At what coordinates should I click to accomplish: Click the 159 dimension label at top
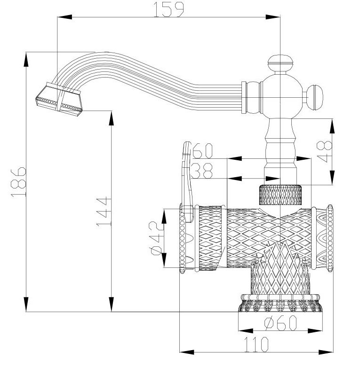click(x=168, y=9)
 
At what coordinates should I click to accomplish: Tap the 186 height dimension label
click(x=18, y=182)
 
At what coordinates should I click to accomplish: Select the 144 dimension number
click(x=104, y=211)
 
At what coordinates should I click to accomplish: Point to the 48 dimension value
click(x=325, y=151)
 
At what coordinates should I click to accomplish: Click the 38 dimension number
click(x=201, y=171)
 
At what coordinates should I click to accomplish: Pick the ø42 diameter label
click(x=156, y=238)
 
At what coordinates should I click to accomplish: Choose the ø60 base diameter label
click(x=281, y=323)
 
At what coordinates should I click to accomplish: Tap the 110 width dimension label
click(x=256, y=344)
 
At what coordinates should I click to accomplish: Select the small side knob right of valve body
click(x=314, y=97)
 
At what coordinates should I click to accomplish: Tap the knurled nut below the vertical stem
click(x=280, y=195)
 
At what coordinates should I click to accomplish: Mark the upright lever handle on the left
click(x=187, y=182)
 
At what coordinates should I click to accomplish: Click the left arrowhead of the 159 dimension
click(x=64, y=17)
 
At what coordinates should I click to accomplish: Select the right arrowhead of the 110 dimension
click(x=326, y=352)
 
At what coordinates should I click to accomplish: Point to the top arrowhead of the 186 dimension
click(x=26, y=60)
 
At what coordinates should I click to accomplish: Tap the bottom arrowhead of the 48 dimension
click(x=332, y=178)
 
